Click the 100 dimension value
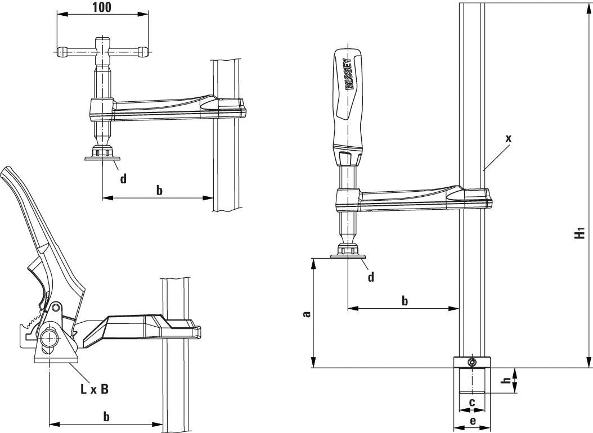click(101, 7)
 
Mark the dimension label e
click(472, 420)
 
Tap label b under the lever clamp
click(106, 416)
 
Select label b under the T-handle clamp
click(159, 190)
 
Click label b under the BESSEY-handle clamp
click(405, 300)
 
